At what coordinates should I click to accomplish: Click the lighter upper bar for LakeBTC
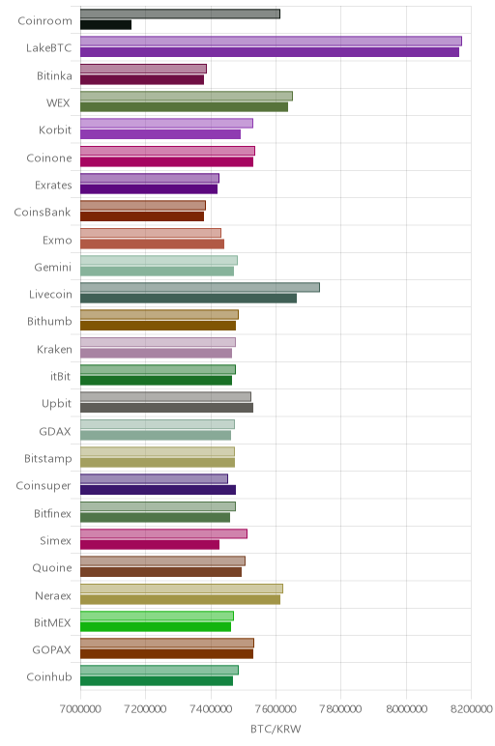[271, 41]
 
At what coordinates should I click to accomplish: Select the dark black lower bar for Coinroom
[105, 25]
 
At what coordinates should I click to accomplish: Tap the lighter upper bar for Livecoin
[200, 287]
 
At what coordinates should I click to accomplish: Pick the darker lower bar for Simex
[150, 545]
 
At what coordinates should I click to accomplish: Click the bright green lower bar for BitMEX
[156, 626]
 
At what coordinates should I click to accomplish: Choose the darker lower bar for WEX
[185, 107]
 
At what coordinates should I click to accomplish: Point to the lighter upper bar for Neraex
[182, 588]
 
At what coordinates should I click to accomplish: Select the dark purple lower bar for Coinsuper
[158, 490]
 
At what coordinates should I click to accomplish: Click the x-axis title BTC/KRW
[276, 729]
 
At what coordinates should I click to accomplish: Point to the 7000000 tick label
[80, 709]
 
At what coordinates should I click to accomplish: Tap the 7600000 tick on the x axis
[276, 709]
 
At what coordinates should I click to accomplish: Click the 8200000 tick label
[471, 709]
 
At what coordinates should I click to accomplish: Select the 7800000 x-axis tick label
[340, 709]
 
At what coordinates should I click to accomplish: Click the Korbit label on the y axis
[55, 129]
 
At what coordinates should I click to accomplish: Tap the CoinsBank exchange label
[43, 213]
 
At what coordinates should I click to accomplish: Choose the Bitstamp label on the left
[48, 459]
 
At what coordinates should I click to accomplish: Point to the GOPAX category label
[51, 650]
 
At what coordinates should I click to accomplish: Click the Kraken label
[54, 349]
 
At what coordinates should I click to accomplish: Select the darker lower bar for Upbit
[166, 408]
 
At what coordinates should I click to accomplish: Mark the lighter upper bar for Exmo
[151, 233]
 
